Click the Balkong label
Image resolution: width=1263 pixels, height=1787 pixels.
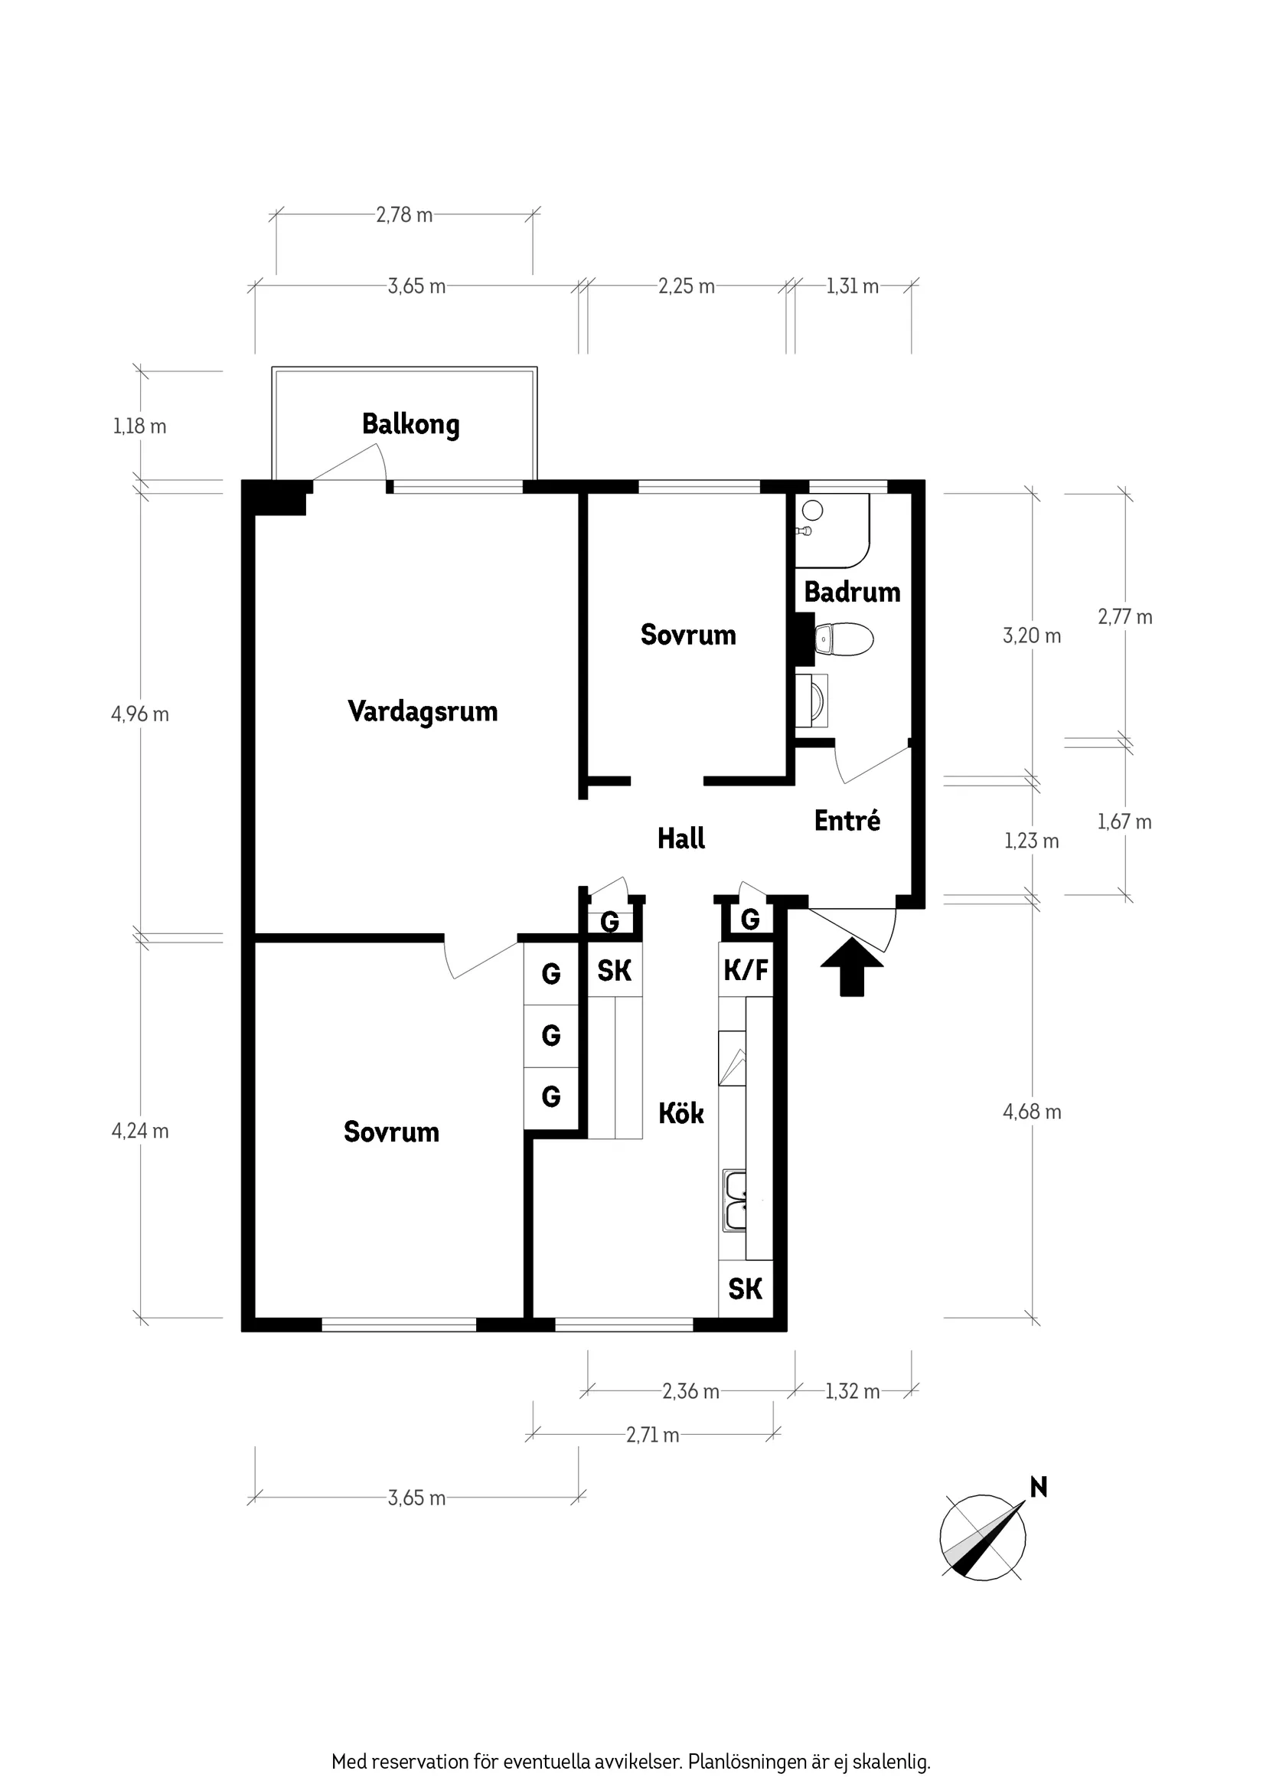pyautogui.click(x=410, y=425)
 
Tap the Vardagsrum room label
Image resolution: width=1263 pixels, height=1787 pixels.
pyautogui.click(x=422, y=711)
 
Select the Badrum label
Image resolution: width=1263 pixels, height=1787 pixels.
pyautogui.click(x=851, y=593)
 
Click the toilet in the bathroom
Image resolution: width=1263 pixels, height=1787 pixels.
pyautogui.click(x=844, y=639)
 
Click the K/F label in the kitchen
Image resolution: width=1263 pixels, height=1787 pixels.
pyautogui.click(x=746, y=970)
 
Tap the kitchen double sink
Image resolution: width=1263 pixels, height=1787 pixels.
pyautogui.click(x=735, y=1202)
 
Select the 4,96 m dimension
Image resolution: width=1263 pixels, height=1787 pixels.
pyautogui.click(x=140, y=714)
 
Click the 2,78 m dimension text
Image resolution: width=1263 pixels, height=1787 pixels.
pyautogui.click(x=404, y=215)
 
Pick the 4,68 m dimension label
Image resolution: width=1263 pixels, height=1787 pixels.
pyautogui.click(x=1031, y=1112)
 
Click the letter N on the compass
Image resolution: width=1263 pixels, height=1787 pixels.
pyautogui.click(x=1038, y=1488)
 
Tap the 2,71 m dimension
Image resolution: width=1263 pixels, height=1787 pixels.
pyautogui.click(x=652, y=1435)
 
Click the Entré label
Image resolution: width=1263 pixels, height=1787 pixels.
pyautogui.click(x=847, y=821)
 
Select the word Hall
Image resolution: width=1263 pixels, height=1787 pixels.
pyautogui.click(x=681, y=839)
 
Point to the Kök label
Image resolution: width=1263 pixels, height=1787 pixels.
pyautogui.click(x=681, y=1114)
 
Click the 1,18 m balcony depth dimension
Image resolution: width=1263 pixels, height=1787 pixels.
pyautogui.click(x=139, y=426)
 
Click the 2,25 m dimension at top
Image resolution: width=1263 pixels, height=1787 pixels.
pyautogui.click(x=686, y=286)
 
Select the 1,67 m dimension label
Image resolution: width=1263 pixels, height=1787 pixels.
pyautogui.click(x=1124, y=822)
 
